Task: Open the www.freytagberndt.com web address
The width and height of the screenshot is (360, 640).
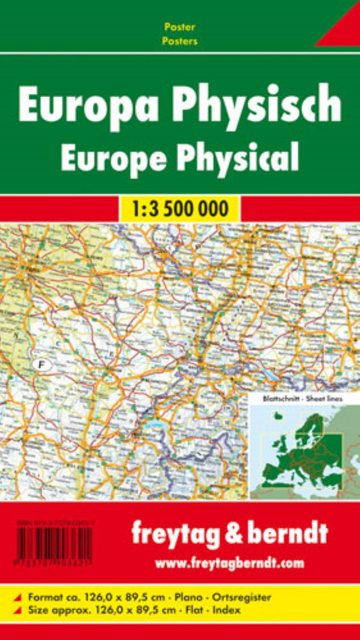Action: coord(230,562)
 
